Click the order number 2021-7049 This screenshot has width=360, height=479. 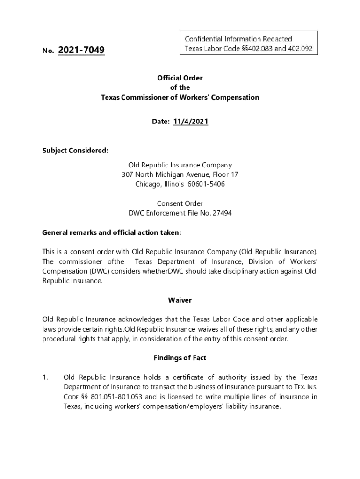coord(81,50)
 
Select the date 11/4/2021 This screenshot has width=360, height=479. coord(190,122)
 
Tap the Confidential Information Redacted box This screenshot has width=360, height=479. coord(249,44)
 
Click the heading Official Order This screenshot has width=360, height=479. coord(180,78)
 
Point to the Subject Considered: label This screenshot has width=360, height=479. coord(75,151)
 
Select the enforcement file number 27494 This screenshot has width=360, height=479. coord(222,213)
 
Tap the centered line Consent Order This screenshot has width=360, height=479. coord(180,203)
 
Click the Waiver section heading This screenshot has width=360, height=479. coord(180,300)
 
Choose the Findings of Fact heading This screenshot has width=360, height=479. coord(180,358)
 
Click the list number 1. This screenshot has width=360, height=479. coord(45,377)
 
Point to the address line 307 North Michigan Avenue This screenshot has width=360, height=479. coord(180,174)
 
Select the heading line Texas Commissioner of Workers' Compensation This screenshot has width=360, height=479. coord(180,98)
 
